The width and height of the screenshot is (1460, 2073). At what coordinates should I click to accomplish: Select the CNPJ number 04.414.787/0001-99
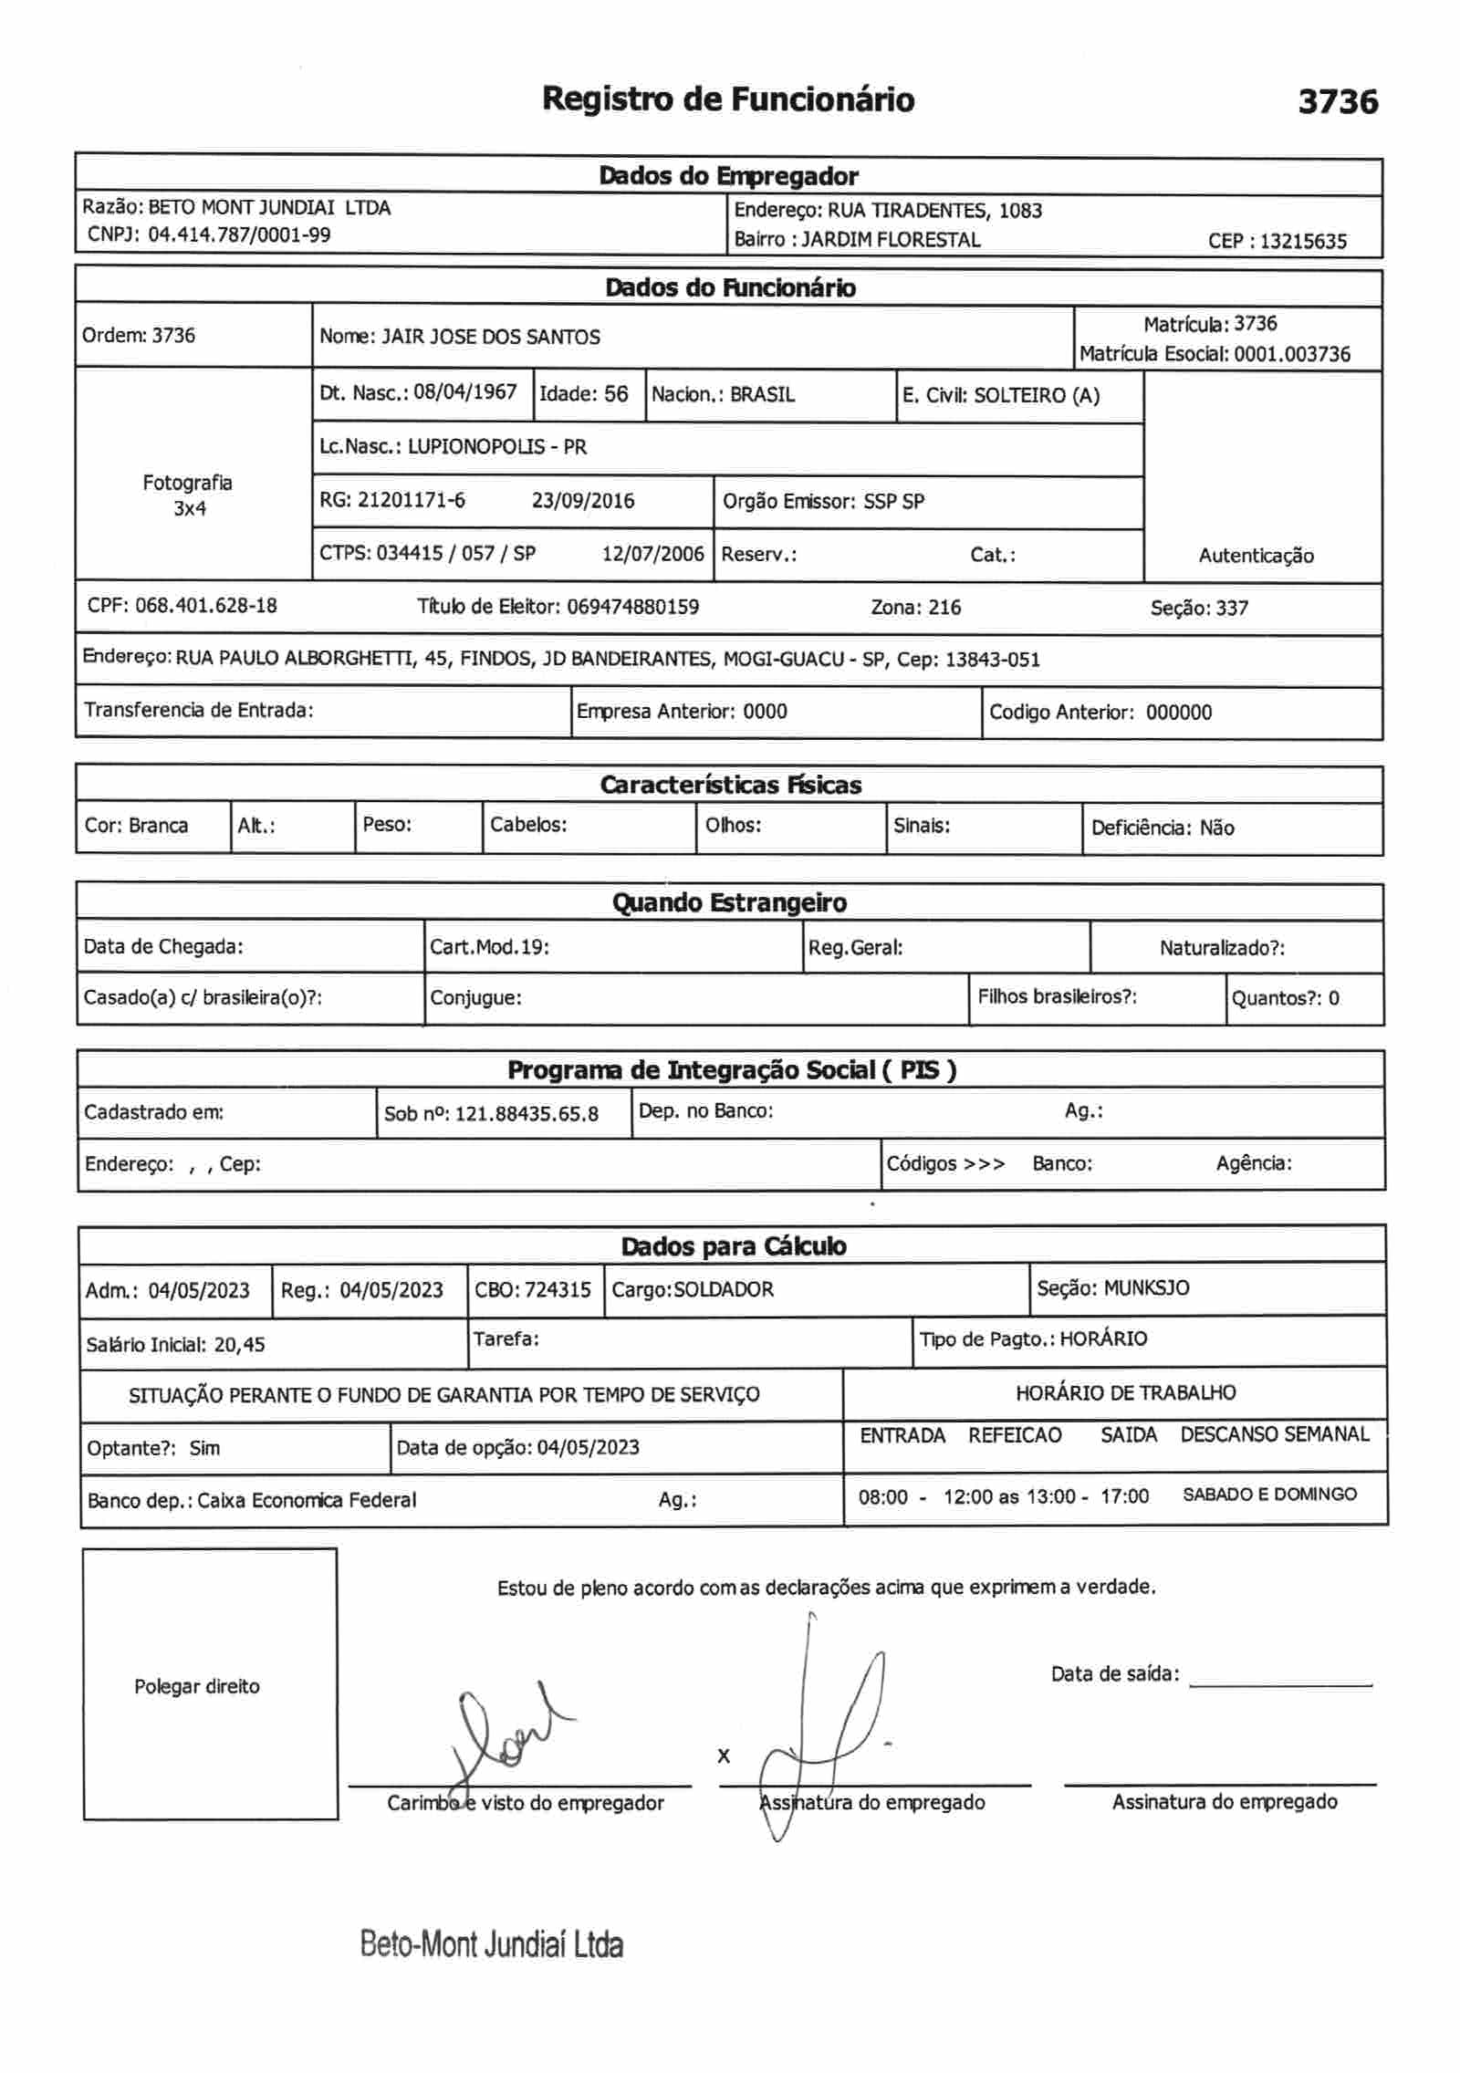click(239, 235)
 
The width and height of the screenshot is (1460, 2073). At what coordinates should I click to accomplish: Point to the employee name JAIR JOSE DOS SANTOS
click(490, 338)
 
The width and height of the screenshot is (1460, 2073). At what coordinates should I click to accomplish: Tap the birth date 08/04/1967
click(465, 393)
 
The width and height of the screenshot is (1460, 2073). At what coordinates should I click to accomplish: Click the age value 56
click(616, 394)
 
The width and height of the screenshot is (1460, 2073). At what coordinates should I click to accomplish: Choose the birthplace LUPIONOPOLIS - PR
click(496, 447)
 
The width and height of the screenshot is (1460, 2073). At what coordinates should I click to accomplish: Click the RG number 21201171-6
click(411, 500)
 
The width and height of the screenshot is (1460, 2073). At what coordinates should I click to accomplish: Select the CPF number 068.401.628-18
click(205, 606)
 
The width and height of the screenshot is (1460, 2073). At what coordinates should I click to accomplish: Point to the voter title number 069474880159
click(632, 608)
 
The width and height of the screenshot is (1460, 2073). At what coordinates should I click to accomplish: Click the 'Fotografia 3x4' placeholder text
click(188, 495)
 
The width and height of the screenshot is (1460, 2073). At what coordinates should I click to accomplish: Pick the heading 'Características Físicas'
click(730, 786)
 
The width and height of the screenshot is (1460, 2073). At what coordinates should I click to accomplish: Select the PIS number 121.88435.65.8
click(527, 1114)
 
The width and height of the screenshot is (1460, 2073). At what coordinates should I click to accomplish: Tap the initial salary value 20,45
click(239, 1345)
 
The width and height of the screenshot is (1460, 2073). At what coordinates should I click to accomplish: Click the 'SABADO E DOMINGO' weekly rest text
click(1269, 1495)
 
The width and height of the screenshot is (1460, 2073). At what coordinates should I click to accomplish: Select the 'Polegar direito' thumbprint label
click(196, 1687)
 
